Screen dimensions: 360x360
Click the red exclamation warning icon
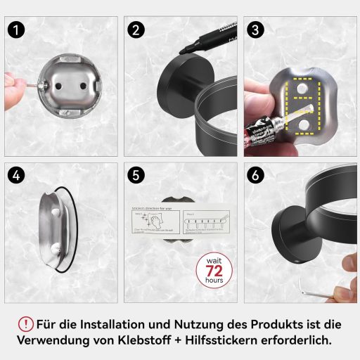click(26, 324)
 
